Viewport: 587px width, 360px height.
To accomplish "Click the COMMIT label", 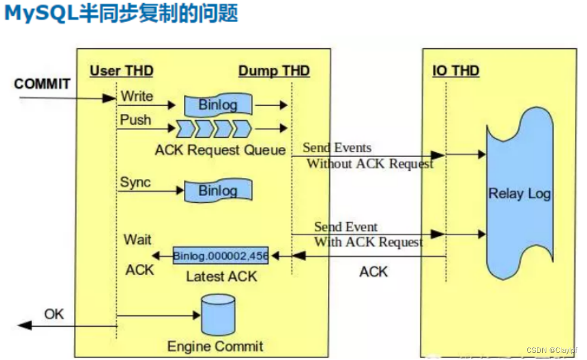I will [x=42, y=84].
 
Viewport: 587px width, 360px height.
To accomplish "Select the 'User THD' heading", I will [x=121, y=71].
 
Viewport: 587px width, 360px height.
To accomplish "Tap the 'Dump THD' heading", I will [x=273, y=71].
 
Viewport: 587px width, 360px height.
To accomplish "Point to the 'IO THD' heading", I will [x=455, y=71].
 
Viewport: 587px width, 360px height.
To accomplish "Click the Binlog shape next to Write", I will [x=217, y=105].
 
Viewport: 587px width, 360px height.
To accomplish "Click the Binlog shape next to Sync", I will [x=217, y=191].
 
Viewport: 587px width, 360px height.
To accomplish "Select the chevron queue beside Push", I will [x=213, y=128].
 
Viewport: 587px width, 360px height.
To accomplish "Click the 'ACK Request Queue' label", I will [x=220, y=149].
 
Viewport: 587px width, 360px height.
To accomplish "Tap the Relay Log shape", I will [x=518, y=194].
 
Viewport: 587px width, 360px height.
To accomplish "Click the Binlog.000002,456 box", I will [x=220, y=256].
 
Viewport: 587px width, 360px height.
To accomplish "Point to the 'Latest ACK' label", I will [x=222, y=276].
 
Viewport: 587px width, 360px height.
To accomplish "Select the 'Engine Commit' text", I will [x=215, y=346].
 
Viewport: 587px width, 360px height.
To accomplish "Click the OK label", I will [x=54, y=313].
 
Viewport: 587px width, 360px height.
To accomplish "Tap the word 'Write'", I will [x=137, y=96].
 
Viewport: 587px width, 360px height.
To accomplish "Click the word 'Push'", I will [x=136, y=119].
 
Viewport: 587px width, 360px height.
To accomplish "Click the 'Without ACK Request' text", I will [x=370, y=164].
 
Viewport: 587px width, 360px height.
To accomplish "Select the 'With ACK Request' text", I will [x=368, y=242].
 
